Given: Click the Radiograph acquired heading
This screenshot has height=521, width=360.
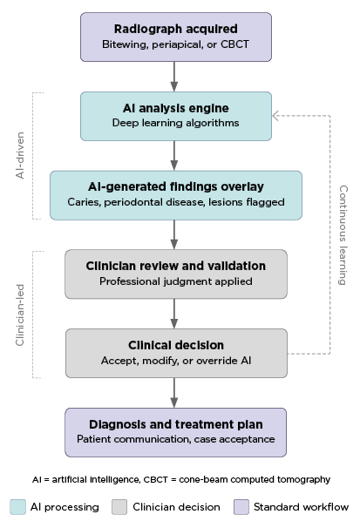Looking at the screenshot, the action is click(176, 29).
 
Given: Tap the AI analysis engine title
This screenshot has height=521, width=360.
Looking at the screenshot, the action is click(176, 108).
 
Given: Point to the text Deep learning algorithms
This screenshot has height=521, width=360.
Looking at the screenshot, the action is click(175, 123).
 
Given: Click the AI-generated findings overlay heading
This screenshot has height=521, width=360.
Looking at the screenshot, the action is click(176, 186).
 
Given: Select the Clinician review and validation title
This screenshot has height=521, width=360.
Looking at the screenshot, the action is click(176, 266).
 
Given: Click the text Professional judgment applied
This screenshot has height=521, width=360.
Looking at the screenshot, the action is click(176, 281).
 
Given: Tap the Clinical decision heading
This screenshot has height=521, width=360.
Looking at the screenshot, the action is click(176, 345).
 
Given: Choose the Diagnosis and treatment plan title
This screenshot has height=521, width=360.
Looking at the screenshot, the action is click(176, 424).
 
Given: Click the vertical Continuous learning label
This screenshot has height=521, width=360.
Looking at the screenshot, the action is click(343, 235).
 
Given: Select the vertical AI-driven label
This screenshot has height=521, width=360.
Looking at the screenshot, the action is click(20, 155).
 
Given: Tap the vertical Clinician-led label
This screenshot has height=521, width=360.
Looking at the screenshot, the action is click(20, 315).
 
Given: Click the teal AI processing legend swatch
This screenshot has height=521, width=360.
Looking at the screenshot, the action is click(17, 507).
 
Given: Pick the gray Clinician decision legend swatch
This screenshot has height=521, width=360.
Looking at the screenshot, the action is click(119, 507).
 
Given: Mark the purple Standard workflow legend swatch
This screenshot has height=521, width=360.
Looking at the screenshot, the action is click(241, 507).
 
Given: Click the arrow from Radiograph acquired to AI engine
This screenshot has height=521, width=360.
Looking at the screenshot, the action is click(174, 77).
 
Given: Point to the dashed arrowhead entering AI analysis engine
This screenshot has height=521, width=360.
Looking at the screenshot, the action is click(275, 116).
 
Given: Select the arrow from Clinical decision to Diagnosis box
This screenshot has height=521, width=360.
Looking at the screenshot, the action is click(174, 393).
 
